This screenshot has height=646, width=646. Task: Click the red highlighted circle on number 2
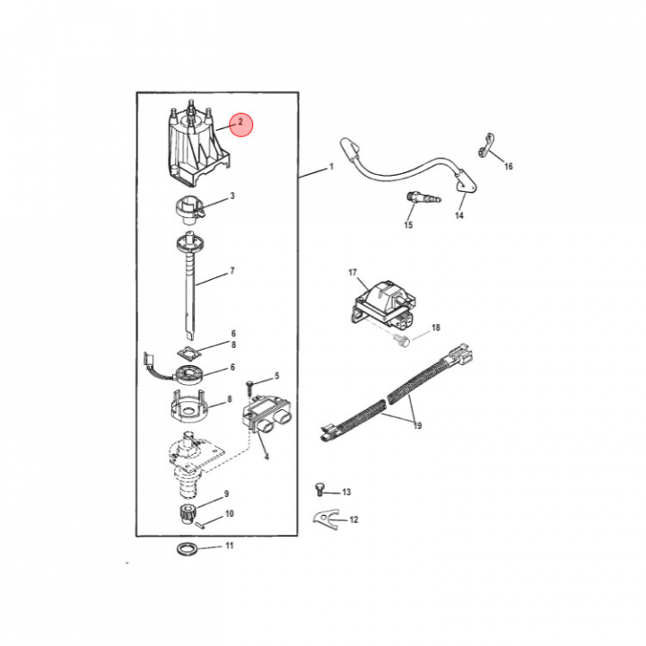pyautogui.click(x=240, y=124)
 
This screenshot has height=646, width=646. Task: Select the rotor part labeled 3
pyautogui.click(x=188, y=211)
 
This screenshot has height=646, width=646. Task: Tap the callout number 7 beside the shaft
pyautogui.click(x=232, y=271)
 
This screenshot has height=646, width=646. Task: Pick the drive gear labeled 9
pyautogui.click(x=188, y=514)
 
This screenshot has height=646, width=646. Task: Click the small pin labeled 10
pyautogui.click(x=201, y=525)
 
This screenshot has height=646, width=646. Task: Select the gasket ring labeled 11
pyautogui.click(x=187, y=549)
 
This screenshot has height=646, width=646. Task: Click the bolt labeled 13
pyautogui.click(x=319, y=490)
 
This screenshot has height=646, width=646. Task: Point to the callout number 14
pyautogui.click(x=459, y=215)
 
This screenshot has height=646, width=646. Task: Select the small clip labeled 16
pyautogui.click(x=486, y=145)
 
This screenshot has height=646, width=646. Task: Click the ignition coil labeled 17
pyautogui.click(x=384, y=306)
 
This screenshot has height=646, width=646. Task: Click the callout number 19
pyautogui.click(x=417, y=425)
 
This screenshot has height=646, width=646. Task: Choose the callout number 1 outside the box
pyautogui.click(x=331, y=167)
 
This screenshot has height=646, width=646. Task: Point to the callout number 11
pyautogui.click(x=230, y=546)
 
